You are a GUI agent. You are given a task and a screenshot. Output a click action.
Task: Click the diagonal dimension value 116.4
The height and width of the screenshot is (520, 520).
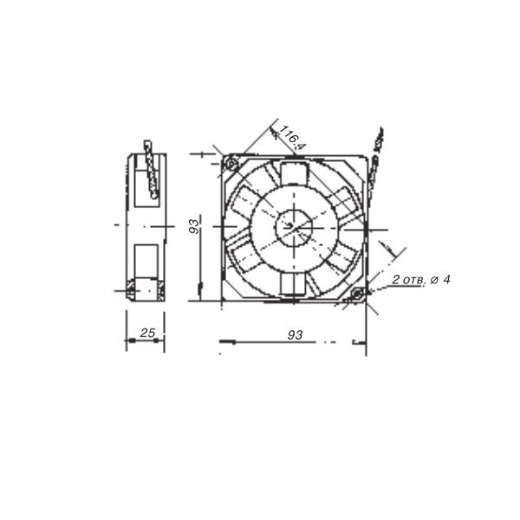tap(292, 137)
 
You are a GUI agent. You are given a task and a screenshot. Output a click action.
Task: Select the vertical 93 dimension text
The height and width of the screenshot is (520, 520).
tap(194, 226)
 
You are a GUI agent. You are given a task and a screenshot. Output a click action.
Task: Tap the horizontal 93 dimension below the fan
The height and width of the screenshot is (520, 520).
tap(296, 335)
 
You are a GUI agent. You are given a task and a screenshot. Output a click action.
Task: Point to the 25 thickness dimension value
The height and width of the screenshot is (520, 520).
tap(147, 333)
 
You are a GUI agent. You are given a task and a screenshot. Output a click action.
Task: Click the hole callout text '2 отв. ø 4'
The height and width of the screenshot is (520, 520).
tap(421, 280)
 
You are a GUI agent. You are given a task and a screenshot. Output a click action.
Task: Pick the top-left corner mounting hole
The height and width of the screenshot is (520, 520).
tap(231, 164)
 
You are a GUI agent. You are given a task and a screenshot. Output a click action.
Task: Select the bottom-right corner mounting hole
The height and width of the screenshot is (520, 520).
tap(357, 294)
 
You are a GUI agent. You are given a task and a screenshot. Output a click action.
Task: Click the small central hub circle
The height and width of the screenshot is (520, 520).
tap(294, 227)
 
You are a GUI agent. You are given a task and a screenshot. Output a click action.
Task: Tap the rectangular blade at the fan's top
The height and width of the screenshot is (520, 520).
tap(294, 173)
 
